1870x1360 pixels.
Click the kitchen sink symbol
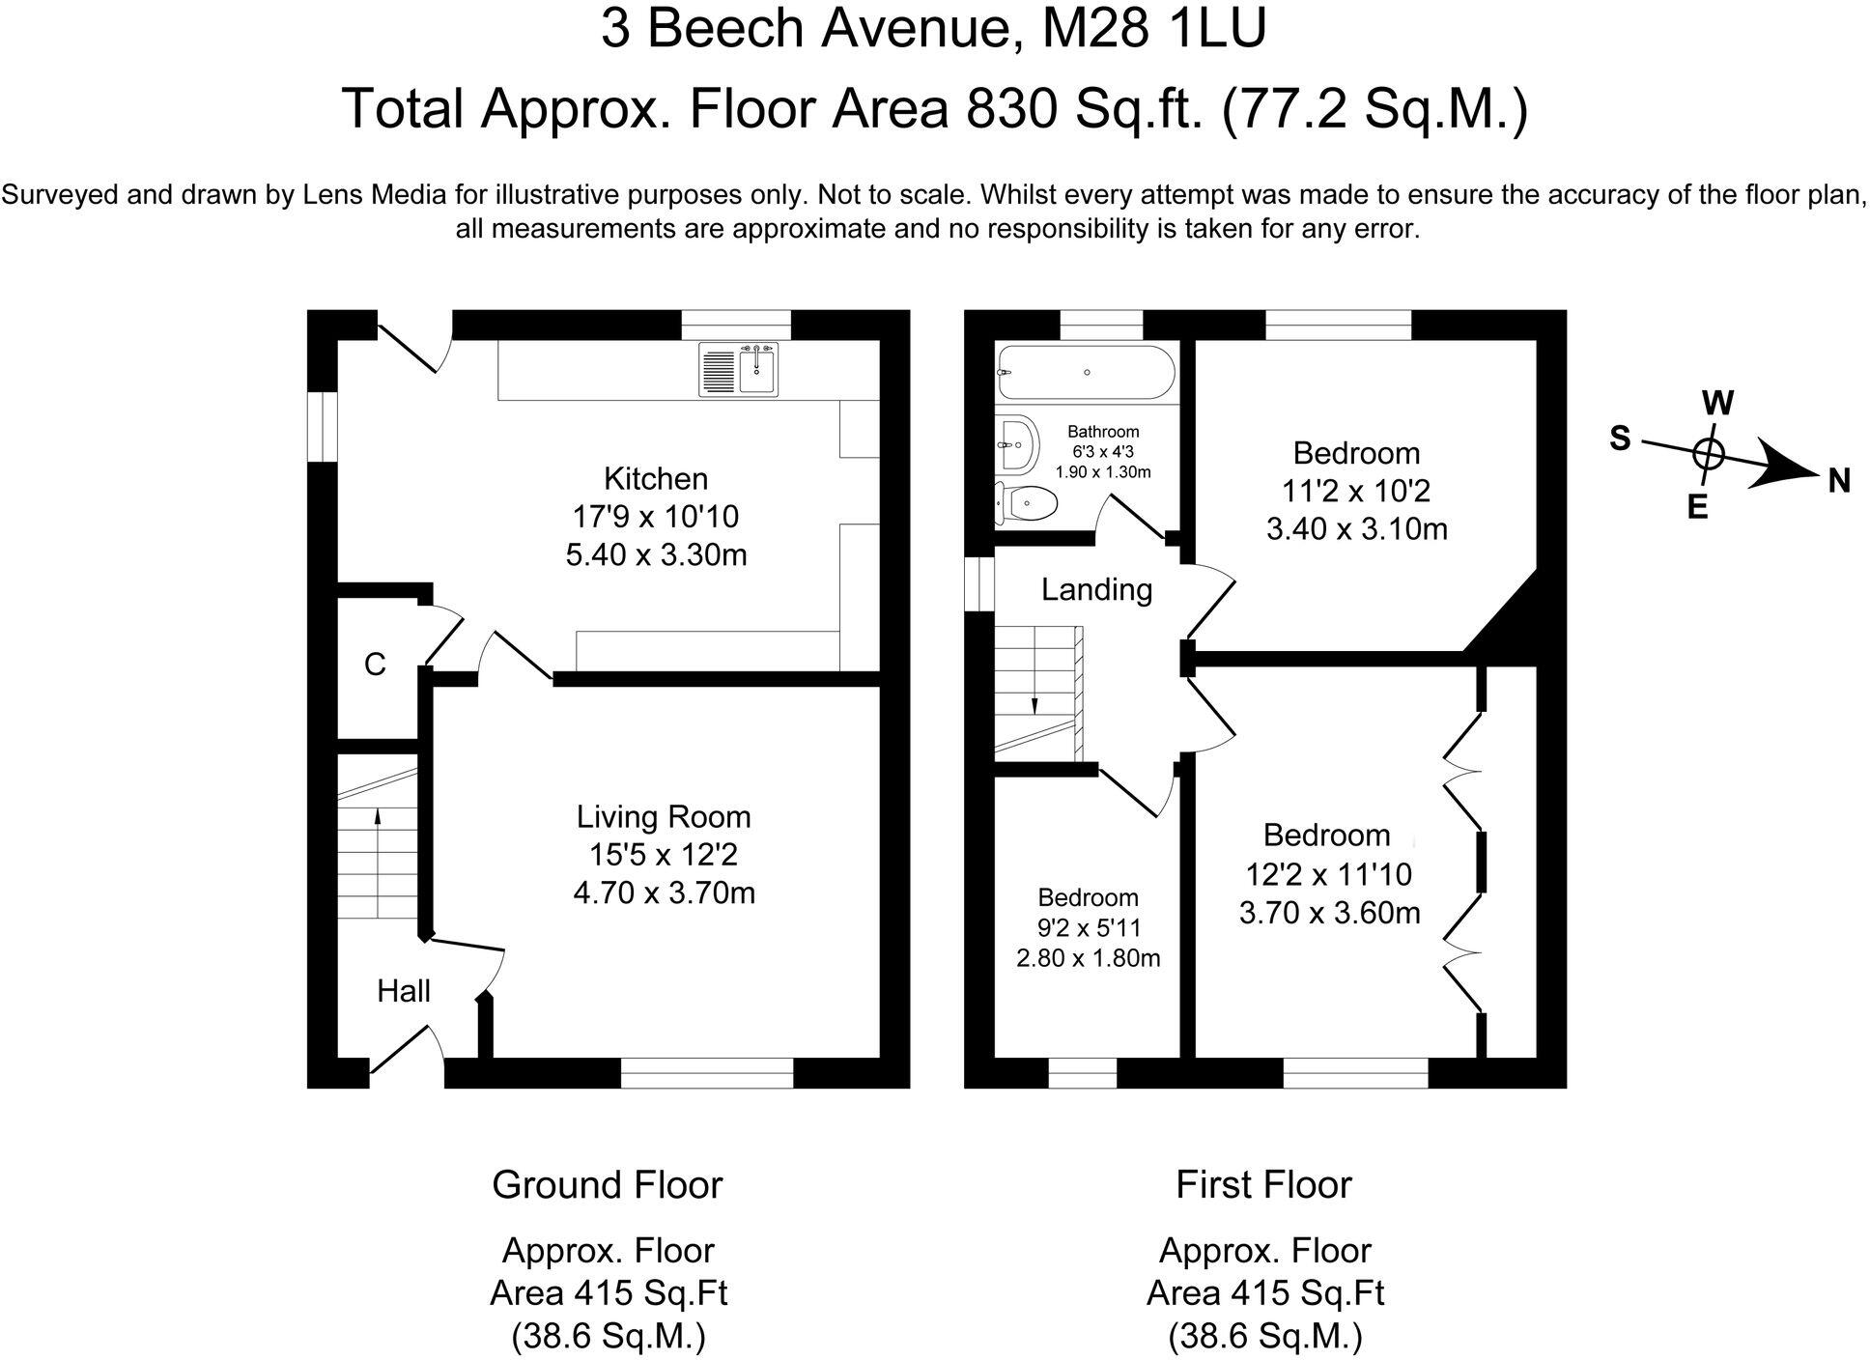point(740,371)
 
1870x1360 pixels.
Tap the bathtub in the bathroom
point(1086,372)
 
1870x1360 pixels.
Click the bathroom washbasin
point(1018,446)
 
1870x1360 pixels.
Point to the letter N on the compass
point(1838,480)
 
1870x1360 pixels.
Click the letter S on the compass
point(1620,439)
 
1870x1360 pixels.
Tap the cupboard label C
point(375,665)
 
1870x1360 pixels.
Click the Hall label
point(403,991)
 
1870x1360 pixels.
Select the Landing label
point(1096,589)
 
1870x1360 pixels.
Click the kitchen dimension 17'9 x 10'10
point(656,517)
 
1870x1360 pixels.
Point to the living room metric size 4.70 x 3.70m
point(664,892)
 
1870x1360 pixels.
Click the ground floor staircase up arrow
point(377,817)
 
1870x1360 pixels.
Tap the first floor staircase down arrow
point(1034,704)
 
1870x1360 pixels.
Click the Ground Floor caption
point(607,1184)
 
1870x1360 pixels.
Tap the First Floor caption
point(1263,1184)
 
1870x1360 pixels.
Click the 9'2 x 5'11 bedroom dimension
point(1089,928)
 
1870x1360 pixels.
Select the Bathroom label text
point(1103,432)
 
